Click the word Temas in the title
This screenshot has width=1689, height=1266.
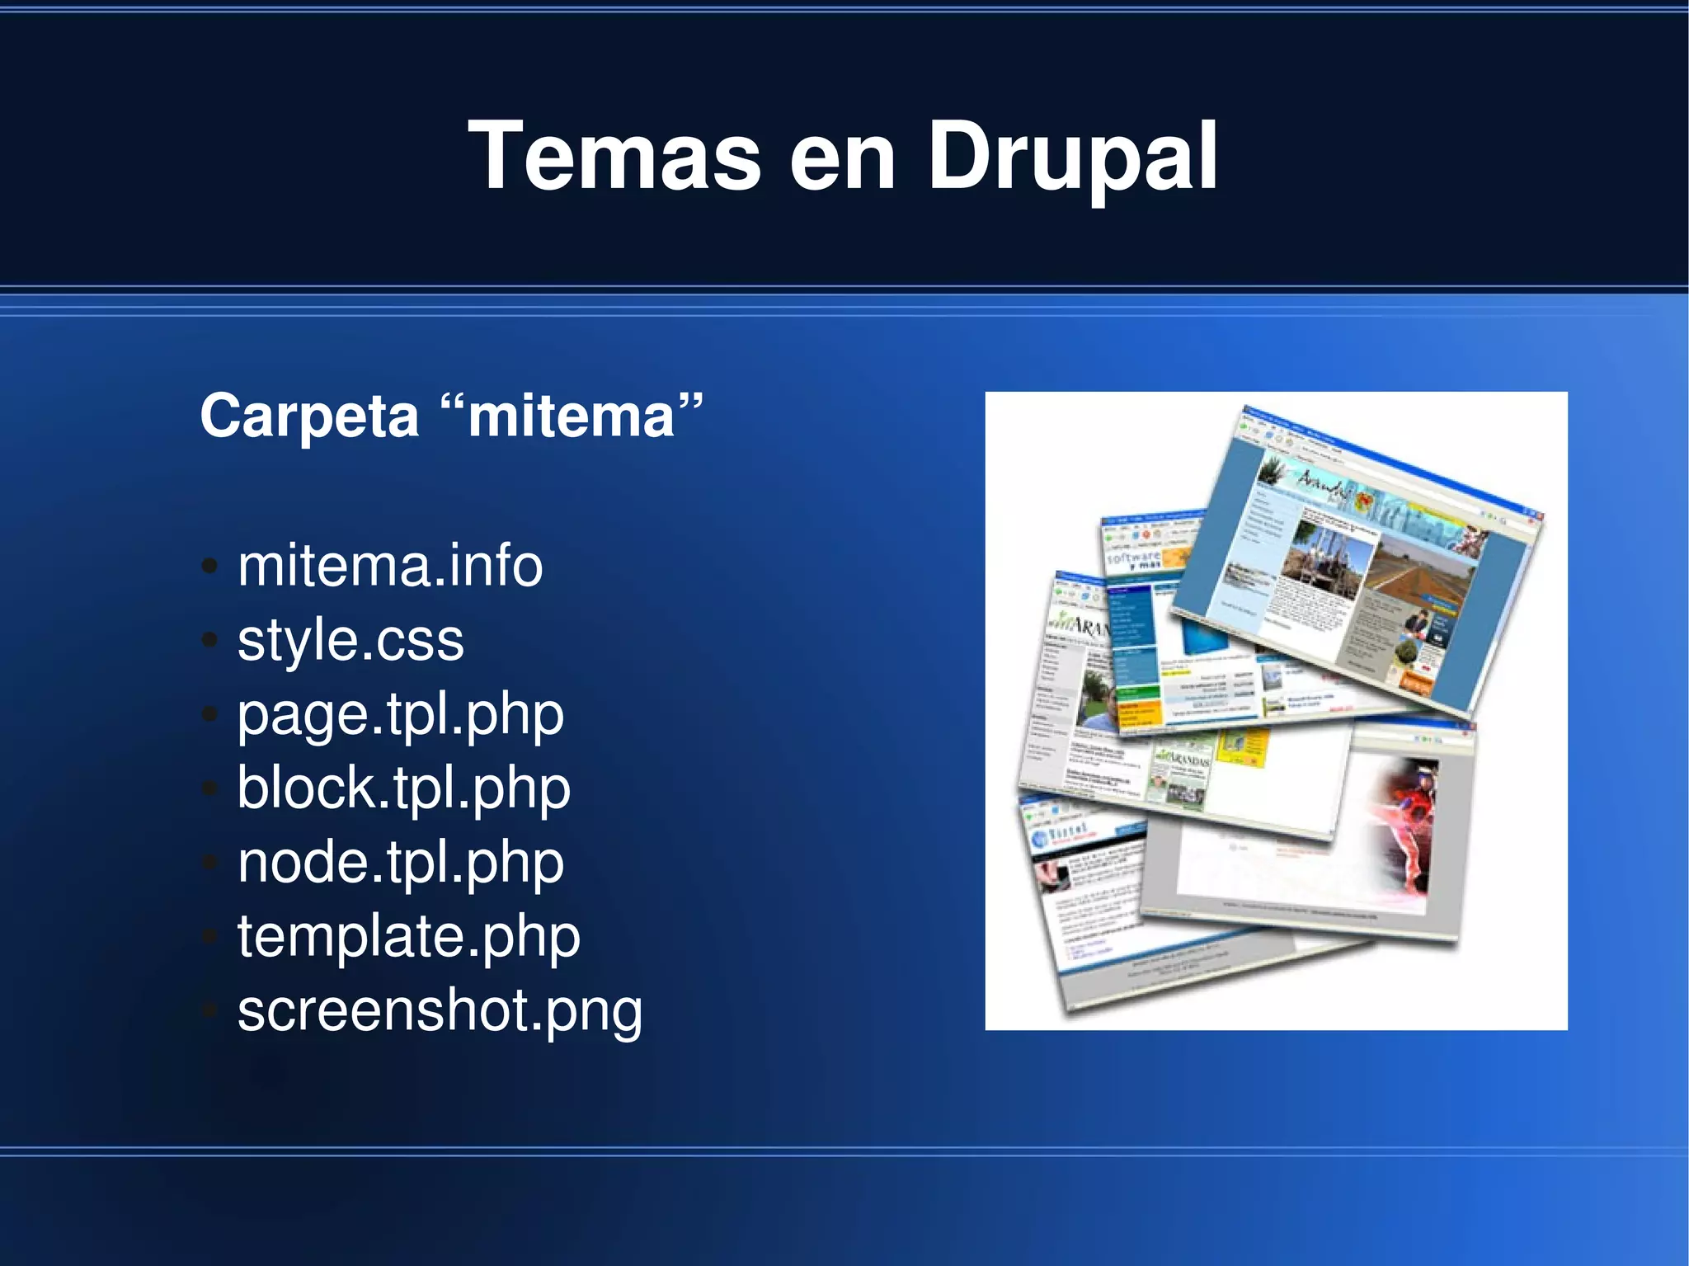(x=614, y=157)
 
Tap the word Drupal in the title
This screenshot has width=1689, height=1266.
(x=1072, y=157)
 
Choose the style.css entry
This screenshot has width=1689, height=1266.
(x=351, y=640)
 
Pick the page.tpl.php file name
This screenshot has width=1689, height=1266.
(x=401, y=714)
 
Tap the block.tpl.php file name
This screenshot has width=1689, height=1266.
(x=404, y=788)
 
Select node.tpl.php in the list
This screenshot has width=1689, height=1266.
(x=401, y=863)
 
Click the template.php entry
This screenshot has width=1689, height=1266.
(x=409, y=937)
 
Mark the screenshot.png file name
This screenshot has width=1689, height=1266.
(x=440, y=1011)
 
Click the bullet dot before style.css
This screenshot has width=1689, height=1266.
(x=210, y=640)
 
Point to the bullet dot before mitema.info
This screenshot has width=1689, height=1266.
(x=210, y=567)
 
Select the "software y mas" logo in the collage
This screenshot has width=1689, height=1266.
(x=1134, y=560)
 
